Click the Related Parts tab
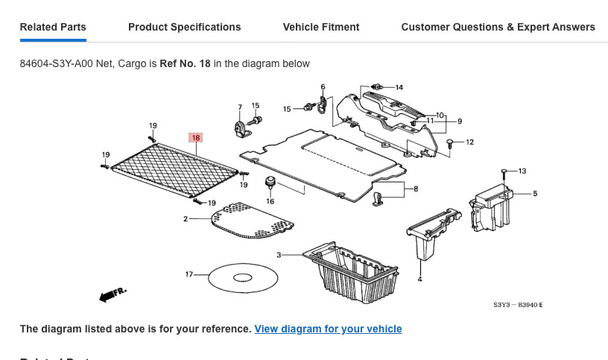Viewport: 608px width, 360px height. point(53,27)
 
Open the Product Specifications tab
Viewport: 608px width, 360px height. point(184,27)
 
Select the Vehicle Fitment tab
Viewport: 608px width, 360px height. point(320,27)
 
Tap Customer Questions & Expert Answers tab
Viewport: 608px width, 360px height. point(498,27)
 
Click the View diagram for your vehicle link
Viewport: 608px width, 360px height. point(328,329)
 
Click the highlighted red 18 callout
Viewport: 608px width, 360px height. point(196,138)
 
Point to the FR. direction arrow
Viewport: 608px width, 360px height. point(113,294)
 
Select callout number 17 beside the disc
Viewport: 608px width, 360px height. point(189,275)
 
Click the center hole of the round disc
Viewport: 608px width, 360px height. point(243,278)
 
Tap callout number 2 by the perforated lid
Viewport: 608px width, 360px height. point(186,219)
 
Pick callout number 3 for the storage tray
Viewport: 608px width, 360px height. point(279,255)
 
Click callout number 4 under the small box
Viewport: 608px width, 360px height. point(419,280)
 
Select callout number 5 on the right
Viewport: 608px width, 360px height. point(535,194)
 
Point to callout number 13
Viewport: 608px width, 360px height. point(522,171)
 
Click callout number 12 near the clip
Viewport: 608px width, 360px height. point(469,142)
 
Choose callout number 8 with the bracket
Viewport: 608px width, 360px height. point(415,189)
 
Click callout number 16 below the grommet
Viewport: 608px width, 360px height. point(270,201)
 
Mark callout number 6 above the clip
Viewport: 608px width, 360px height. point(323,87)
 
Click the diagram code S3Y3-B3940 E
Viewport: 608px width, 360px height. point(518,305)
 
